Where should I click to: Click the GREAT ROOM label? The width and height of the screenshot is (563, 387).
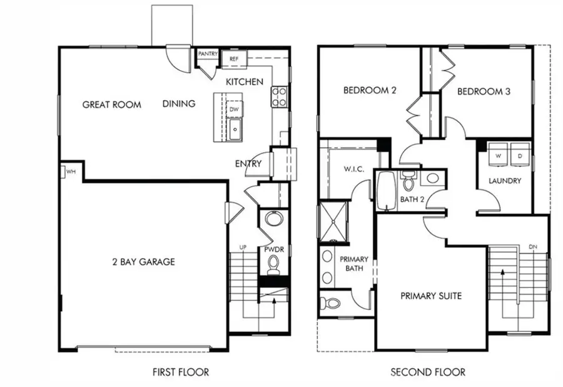[111, 105]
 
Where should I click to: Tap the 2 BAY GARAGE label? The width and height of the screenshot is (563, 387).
[143, 262]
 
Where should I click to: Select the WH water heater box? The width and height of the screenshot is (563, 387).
[69, 172]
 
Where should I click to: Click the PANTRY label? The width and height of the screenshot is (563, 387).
[207, 54]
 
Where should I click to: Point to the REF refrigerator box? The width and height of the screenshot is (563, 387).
[234, 59]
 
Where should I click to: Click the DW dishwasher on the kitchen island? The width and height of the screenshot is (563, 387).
[235, 109]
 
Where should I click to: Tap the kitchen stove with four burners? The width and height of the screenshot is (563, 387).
[278, 96]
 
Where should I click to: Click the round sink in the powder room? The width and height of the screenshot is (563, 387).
[273, 219]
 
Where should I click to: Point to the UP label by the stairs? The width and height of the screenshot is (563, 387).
[243, 248]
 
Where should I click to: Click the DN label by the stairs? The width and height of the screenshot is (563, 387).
[533, 247]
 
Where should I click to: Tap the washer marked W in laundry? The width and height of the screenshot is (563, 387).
[499, 155]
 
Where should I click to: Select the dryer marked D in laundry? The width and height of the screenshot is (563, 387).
[520, 155]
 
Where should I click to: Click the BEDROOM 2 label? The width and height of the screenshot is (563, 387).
[370, 91]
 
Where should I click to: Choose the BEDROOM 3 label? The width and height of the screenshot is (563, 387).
[484, 91]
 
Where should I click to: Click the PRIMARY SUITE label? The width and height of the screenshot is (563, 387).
[431, 296]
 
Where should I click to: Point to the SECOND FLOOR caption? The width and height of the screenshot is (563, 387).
[428, 372]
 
